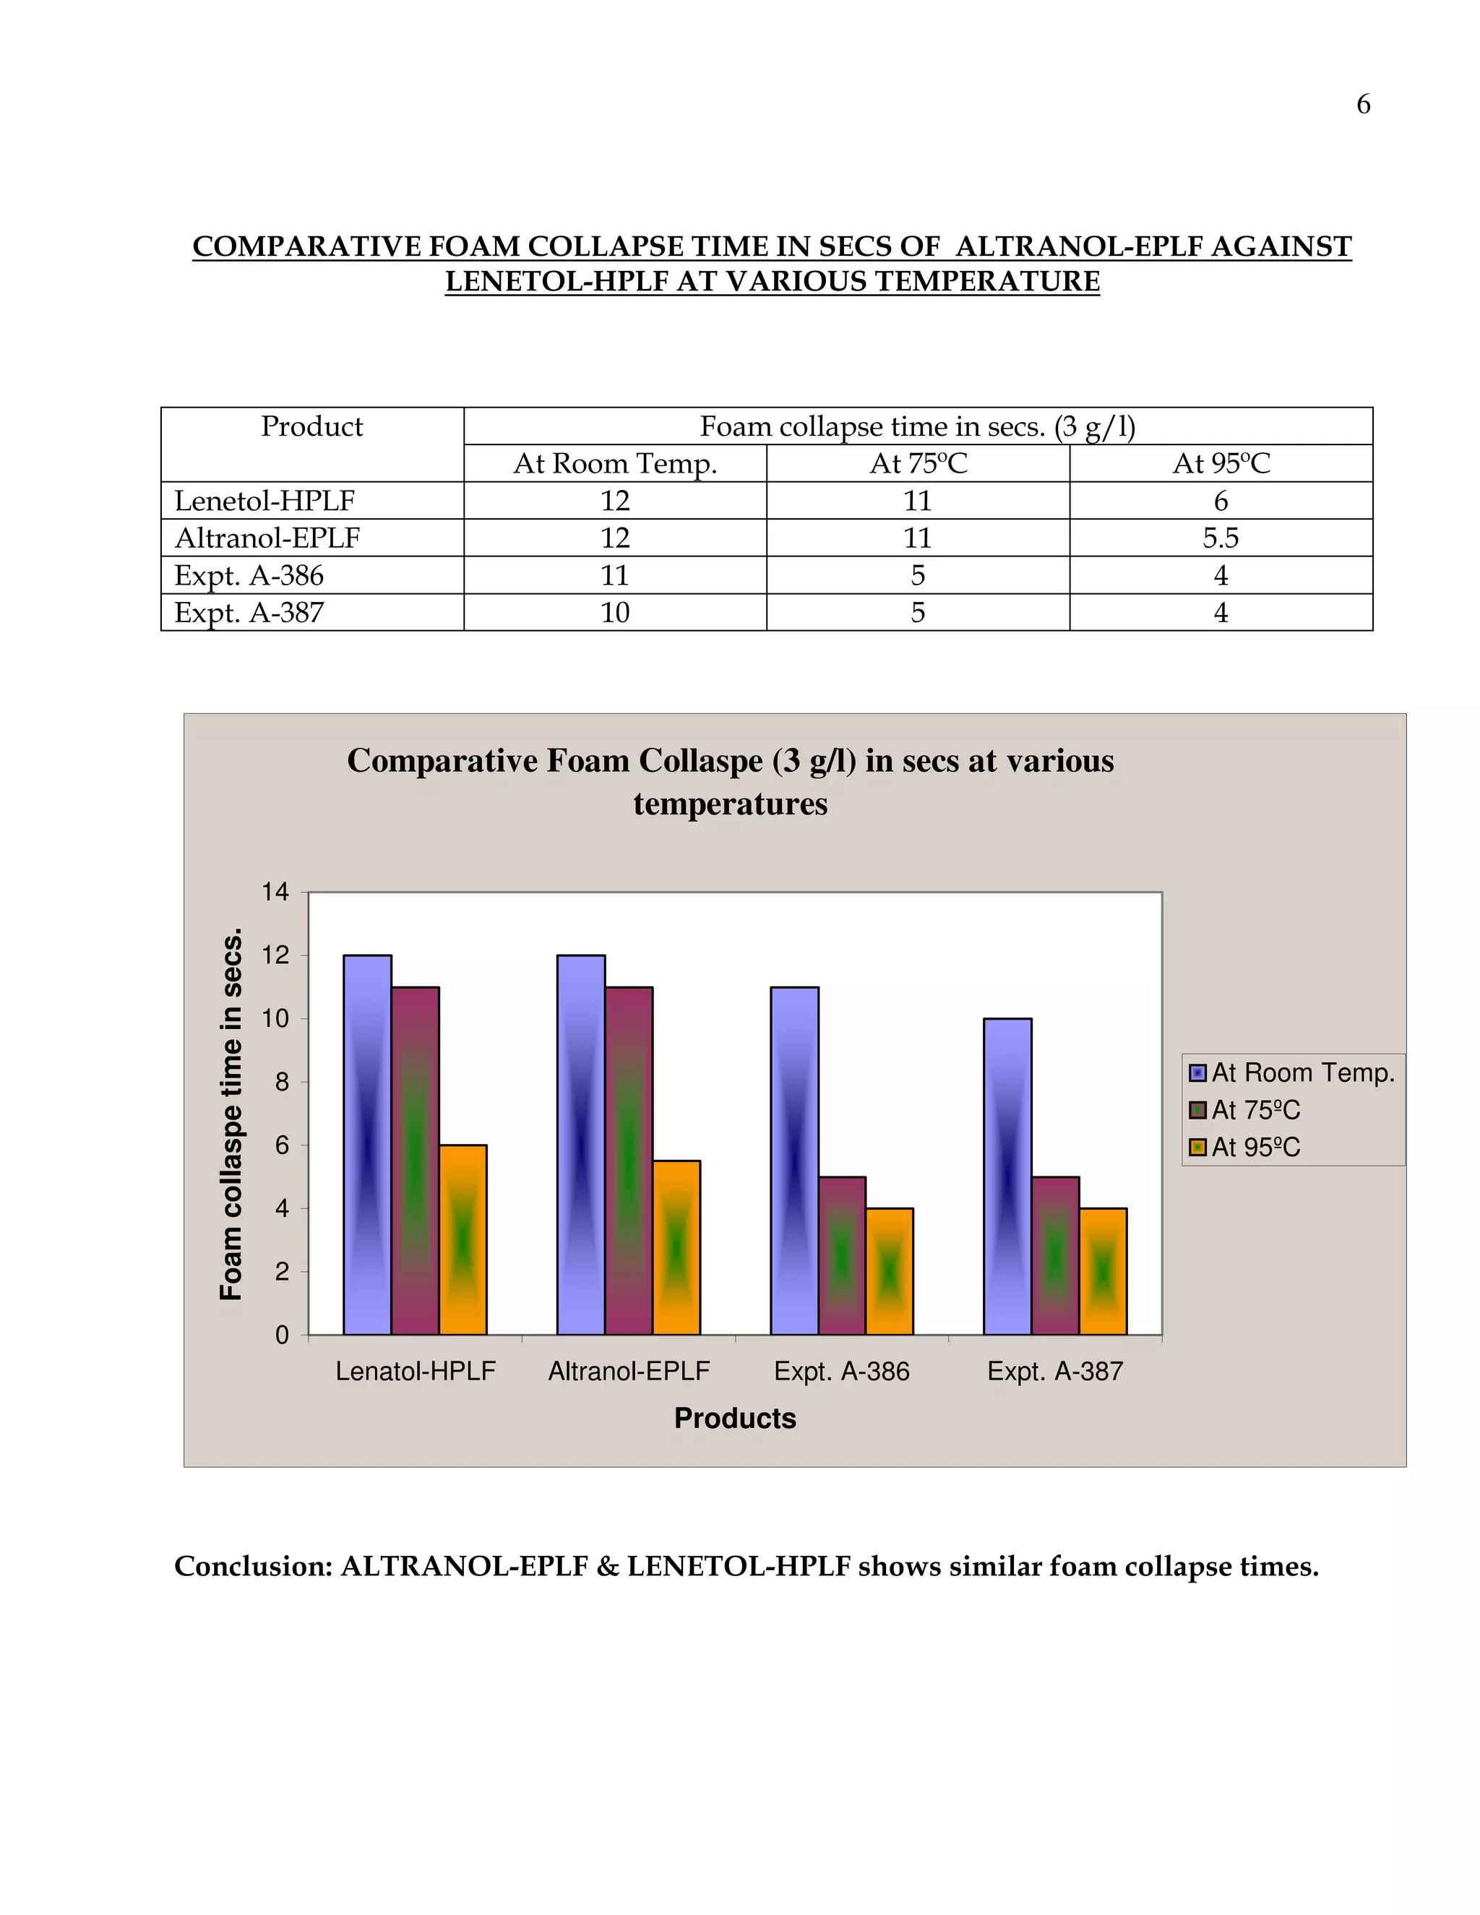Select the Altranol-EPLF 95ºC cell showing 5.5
pyautogui.click(x=1220, y=538)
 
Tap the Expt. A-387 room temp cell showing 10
pyautogui.click(x=615, y=612)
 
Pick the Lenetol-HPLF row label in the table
pyautogui.click(x=264, y=501)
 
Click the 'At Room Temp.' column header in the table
pyautogui.click(x=615, y=463)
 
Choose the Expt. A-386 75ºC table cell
pyautogui.click(x=917, y=575)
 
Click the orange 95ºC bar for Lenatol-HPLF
pyautogui.click(x=463, y=1240)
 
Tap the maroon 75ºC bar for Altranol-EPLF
pyautogui.click(x=629, y=1161)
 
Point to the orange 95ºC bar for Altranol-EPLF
pyautogui.click(x=676, y=1248)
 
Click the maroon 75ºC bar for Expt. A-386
pyautogui.click(x=842, y=1256)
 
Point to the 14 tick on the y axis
pyautogui.click(x=275, y=892)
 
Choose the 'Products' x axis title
pyautogui.click(x=735, y=1419)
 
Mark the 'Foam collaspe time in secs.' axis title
pyautogui.click(x=231, y=1114)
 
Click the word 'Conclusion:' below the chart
pyautogui.click(x=252, y=1566)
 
